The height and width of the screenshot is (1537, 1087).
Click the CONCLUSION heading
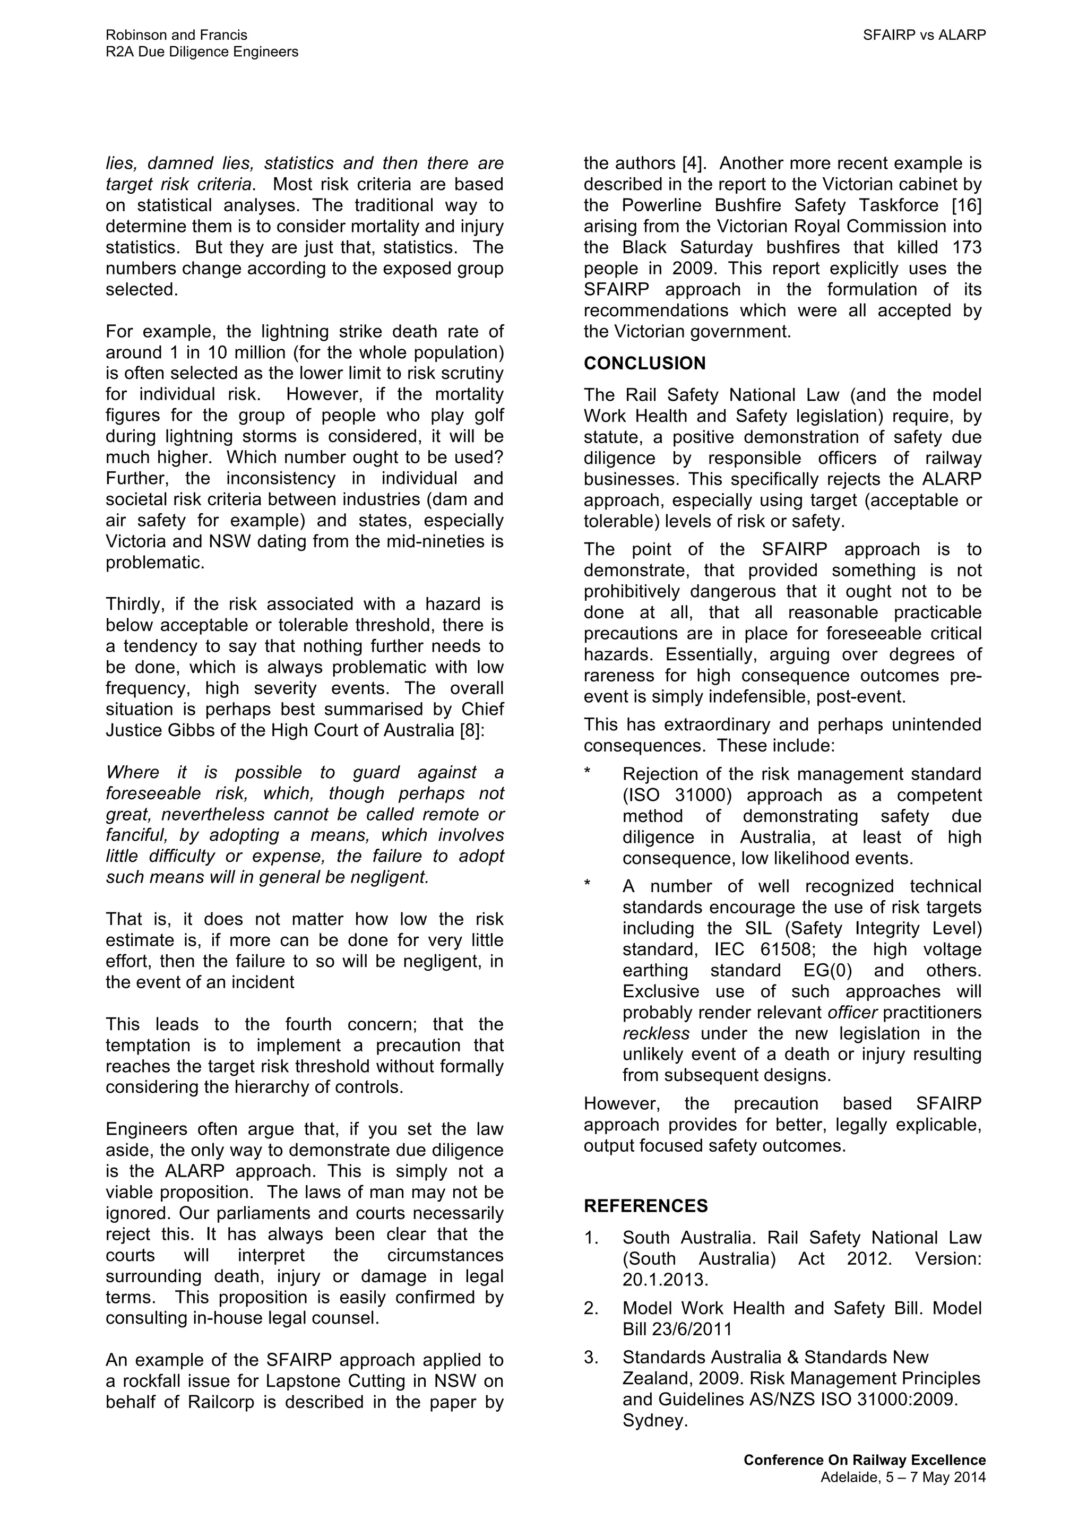click(x=644, y=364)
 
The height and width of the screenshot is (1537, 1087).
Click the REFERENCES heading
click(x=645, y=1206)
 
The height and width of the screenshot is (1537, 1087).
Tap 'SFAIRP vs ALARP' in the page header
click(x=924, y=36)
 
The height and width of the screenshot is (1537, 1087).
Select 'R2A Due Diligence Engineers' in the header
click(x=202, y=52)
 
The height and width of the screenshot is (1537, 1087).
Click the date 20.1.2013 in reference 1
click(x=665, y=1280)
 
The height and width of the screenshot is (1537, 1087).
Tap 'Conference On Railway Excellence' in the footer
click(x=864, y=1460)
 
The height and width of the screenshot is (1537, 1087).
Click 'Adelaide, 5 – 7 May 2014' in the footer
click(x=903, y=1478)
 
